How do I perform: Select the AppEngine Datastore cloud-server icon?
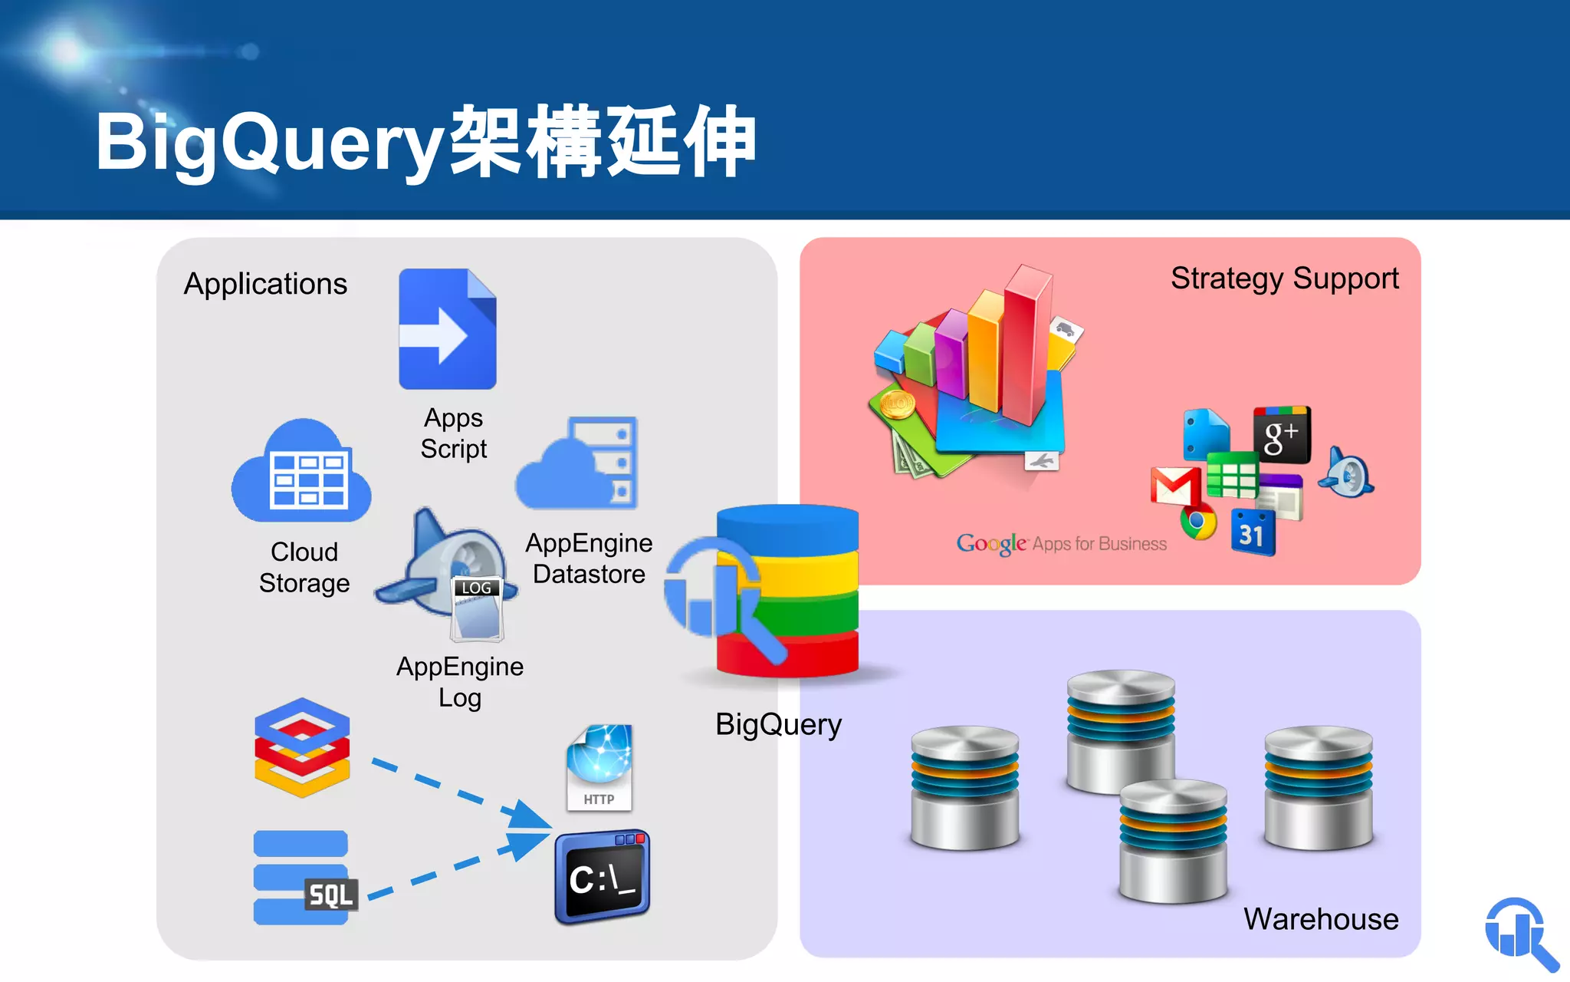point(579,464)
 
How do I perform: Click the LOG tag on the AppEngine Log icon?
point(476,588)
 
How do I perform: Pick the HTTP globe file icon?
point(599,767)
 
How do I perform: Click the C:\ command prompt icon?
point(603,877)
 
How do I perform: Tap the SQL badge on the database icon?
point(330,895)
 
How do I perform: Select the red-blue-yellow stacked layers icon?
point(302,747)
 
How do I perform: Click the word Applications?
point(265,284)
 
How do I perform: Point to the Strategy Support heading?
point(1284,278)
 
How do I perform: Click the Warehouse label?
point(1320,919)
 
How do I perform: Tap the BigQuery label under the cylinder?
point(778,724)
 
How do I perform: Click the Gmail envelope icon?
point(1174,486)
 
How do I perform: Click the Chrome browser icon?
point(1198,522)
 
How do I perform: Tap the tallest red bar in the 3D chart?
point(1027,345)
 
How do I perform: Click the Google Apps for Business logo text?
point(1061,544)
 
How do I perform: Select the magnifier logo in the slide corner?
point(1520,933)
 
